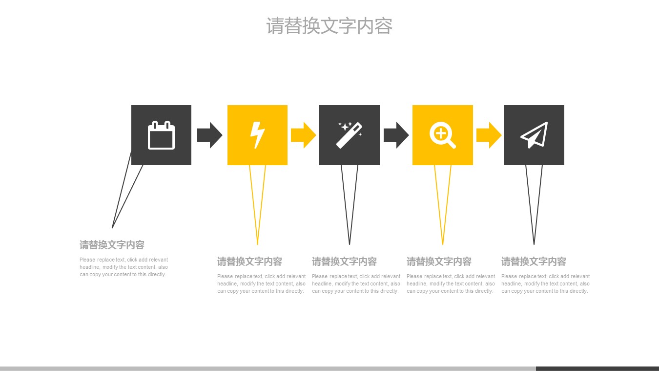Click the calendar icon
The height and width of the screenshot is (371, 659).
pyautogui.click(x=161, y=135)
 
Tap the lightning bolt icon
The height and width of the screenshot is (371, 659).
pyautogui.click(x=257, y=135)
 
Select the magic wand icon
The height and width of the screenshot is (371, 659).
pyautogui.click(x=349, y=135)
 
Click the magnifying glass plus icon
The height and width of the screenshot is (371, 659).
pyautogui.click(x=442, y=135)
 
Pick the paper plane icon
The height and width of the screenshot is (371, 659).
pyautogui.click(x=534, y=135)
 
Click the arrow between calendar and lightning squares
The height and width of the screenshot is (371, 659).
pyautogui.click(x=210, y=135)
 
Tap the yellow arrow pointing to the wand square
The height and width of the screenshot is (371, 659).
pyautogui.click(x=303, y=135)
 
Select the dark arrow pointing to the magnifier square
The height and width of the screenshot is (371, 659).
pyautogui.click(x=396, y=135)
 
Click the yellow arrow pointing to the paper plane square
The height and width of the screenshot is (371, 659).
pyautogui.click(x=489, y=135)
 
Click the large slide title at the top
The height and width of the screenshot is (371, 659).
pyautogui.click(x=329, y=26)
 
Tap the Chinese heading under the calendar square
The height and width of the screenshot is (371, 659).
pyautogui.click(x=112, y=245)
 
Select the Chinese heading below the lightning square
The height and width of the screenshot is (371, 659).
pyautogui.click(x=249, y=262)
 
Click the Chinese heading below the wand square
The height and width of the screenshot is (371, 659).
pyautogui.click(x=344, y=262)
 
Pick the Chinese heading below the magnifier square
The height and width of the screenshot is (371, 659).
pyautogui.click(x=439, y=262)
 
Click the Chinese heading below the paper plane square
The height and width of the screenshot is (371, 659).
pyautogui.click(x=534, y=262)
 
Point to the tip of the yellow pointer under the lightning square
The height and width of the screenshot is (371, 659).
pyautogui.click(x=257, y=244)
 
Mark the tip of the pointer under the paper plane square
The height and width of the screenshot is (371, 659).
pyautogui.click(x=534, y=244)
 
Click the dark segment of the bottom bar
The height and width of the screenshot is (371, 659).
pyautogui.click(x=597, y=369)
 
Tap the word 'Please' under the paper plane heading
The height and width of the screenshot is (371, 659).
pyautogui.click(x=509, y=276)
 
